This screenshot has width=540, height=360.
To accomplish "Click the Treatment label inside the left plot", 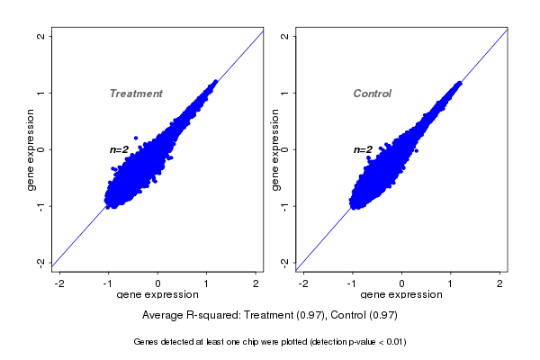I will coord(136,94).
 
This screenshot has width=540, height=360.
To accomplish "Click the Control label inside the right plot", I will coord(372,94).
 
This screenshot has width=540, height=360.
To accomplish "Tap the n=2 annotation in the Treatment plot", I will coord(120,149).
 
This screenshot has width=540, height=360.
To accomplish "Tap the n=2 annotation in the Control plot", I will coord(363,149).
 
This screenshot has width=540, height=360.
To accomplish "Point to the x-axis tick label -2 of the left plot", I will coord(59,283).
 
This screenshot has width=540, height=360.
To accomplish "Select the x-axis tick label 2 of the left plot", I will coord(256,283).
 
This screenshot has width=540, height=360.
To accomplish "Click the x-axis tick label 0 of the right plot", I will coord(402,283).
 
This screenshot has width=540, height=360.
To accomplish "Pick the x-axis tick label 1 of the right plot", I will coord(452,283).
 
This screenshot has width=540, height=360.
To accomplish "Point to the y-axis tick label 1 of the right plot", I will coord(284,93).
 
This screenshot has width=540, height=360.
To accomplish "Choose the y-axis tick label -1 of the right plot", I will coord(284,205).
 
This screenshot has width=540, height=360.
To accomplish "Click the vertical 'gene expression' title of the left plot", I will coord(31,149).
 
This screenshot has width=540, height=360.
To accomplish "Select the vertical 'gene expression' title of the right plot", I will coord(274,149).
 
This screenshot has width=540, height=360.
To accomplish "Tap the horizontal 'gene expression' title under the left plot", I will coord(157,295).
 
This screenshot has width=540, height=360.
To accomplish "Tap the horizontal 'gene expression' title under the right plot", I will coord(401,295).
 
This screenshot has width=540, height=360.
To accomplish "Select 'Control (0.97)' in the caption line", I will coord(363,316).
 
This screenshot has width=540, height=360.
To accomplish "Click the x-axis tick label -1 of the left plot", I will coord(108,283).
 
